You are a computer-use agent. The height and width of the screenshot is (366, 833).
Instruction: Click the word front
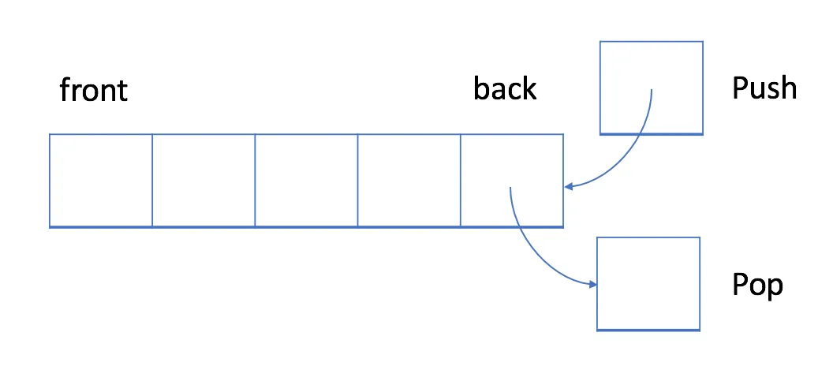(93, 91)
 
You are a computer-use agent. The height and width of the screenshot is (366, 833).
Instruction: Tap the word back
(505, 88)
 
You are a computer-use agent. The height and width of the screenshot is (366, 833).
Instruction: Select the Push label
(764, 88)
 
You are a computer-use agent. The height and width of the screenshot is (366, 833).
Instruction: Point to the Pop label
(757, 284)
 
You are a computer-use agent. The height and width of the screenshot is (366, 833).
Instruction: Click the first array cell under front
(101, 181)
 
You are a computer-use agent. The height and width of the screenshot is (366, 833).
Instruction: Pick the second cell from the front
(204, 181)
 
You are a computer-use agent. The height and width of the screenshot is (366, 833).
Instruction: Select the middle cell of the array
(306, 181)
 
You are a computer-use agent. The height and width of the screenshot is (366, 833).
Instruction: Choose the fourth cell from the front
(409, 181)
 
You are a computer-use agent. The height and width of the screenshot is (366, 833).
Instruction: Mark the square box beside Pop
(648, 283)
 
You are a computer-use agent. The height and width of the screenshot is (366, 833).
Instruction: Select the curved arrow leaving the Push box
(635, 150)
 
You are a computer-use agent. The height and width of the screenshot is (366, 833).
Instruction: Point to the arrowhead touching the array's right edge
(569, 187)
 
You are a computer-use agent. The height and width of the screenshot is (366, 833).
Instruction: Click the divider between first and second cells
(152, 181)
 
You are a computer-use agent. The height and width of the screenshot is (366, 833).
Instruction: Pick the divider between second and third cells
(255, 181)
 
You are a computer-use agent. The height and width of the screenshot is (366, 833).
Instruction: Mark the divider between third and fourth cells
(358, 181)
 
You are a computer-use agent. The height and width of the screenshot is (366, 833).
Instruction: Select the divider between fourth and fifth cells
(461, 181)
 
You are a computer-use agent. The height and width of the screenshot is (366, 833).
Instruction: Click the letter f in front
(65, 90)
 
